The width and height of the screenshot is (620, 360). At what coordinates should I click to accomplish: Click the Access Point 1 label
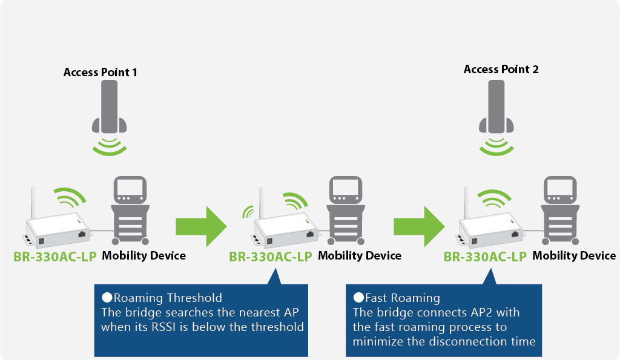pos(101,73)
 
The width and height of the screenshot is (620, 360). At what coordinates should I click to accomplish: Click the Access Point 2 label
pos(501,70)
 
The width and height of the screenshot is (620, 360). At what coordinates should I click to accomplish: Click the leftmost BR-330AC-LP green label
pos(55,256)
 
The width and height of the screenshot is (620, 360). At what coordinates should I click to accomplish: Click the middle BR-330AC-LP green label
pos(271,256)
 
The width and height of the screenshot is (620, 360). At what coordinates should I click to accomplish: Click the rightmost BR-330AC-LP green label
pos(486,256)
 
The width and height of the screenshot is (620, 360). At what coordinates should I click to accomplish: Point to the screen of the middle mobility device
pos(345,190)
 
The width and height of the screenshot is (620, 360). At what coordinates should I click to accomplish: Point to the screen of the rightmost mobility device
pos(560,190)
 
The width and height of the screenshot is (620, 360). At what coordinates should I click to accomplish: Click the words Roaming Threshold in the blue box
pos(168,298)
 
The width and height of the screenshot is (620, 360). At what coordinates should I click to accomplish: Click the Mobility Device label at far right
pos(574,255)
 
